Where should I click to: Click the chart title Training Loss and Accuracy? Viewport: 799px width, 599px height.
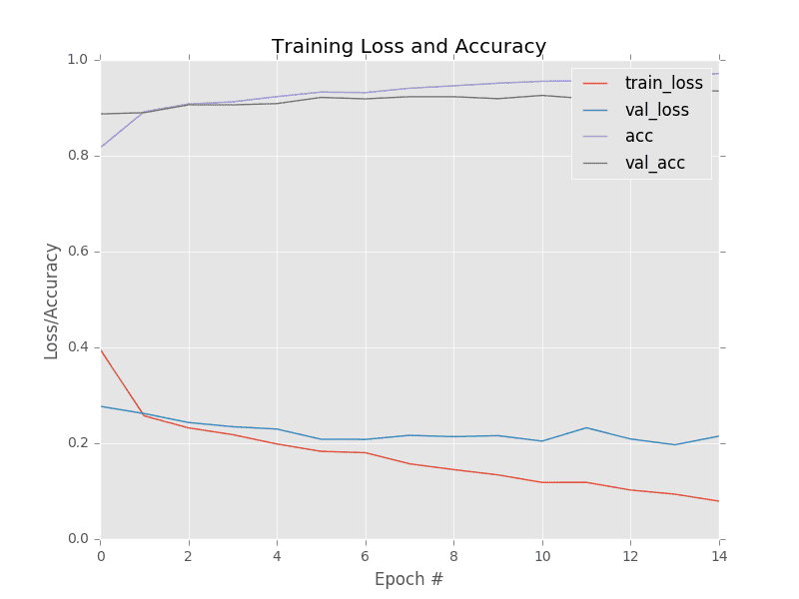pyautogui.click(x=408, y=47)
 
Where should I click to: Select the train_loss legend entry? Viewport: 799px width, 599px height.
pyautogui.click(x=663, y=83)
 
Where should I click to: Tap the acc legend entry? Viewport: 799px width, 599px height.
pyautogui.click(x=638, y=136)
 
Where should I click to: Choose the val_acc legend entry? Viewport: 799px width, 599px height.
pyautogui.click(x=654, y=163)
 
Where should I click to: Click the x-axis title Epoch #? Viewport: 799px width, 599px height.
pyautogui.click(x=408, y=579)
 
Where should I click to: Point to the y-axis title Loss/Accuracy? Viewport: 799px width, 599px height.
pyautogui.click(x=52, y=300)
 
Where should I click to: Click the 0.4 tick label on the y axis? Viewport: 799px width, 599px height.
pyautogui.click(x=78, y=347)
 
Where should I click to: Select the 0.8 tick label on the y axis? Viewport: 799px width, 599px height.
pyautogui.click(x=78, y=156)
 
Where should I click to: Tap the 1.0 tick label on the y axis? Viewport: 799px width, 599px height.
pyautogui.click(x=78, y=60)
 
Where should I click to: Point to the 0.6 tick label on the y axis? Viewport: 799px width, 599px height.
pyautogui.click(x=78, y=252)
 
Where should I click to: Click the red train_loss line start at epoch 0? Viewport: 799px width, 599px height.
pyautogui.click(x=102, y=350)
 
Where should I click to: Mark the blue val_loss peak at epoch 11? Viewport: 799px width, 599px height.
pyautogui.click(x=585, y=427)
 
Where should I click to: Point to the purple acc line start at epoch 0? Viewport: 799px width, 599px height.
pyautogui.click(x=102, y=147)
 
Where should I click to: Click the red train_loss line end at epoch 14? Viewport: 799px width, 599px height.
pyautogui.click(x=717, y=501)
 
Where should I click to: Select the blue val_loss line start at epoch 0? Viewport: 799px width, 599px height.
pyautogui.click(x=102, y=406)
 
